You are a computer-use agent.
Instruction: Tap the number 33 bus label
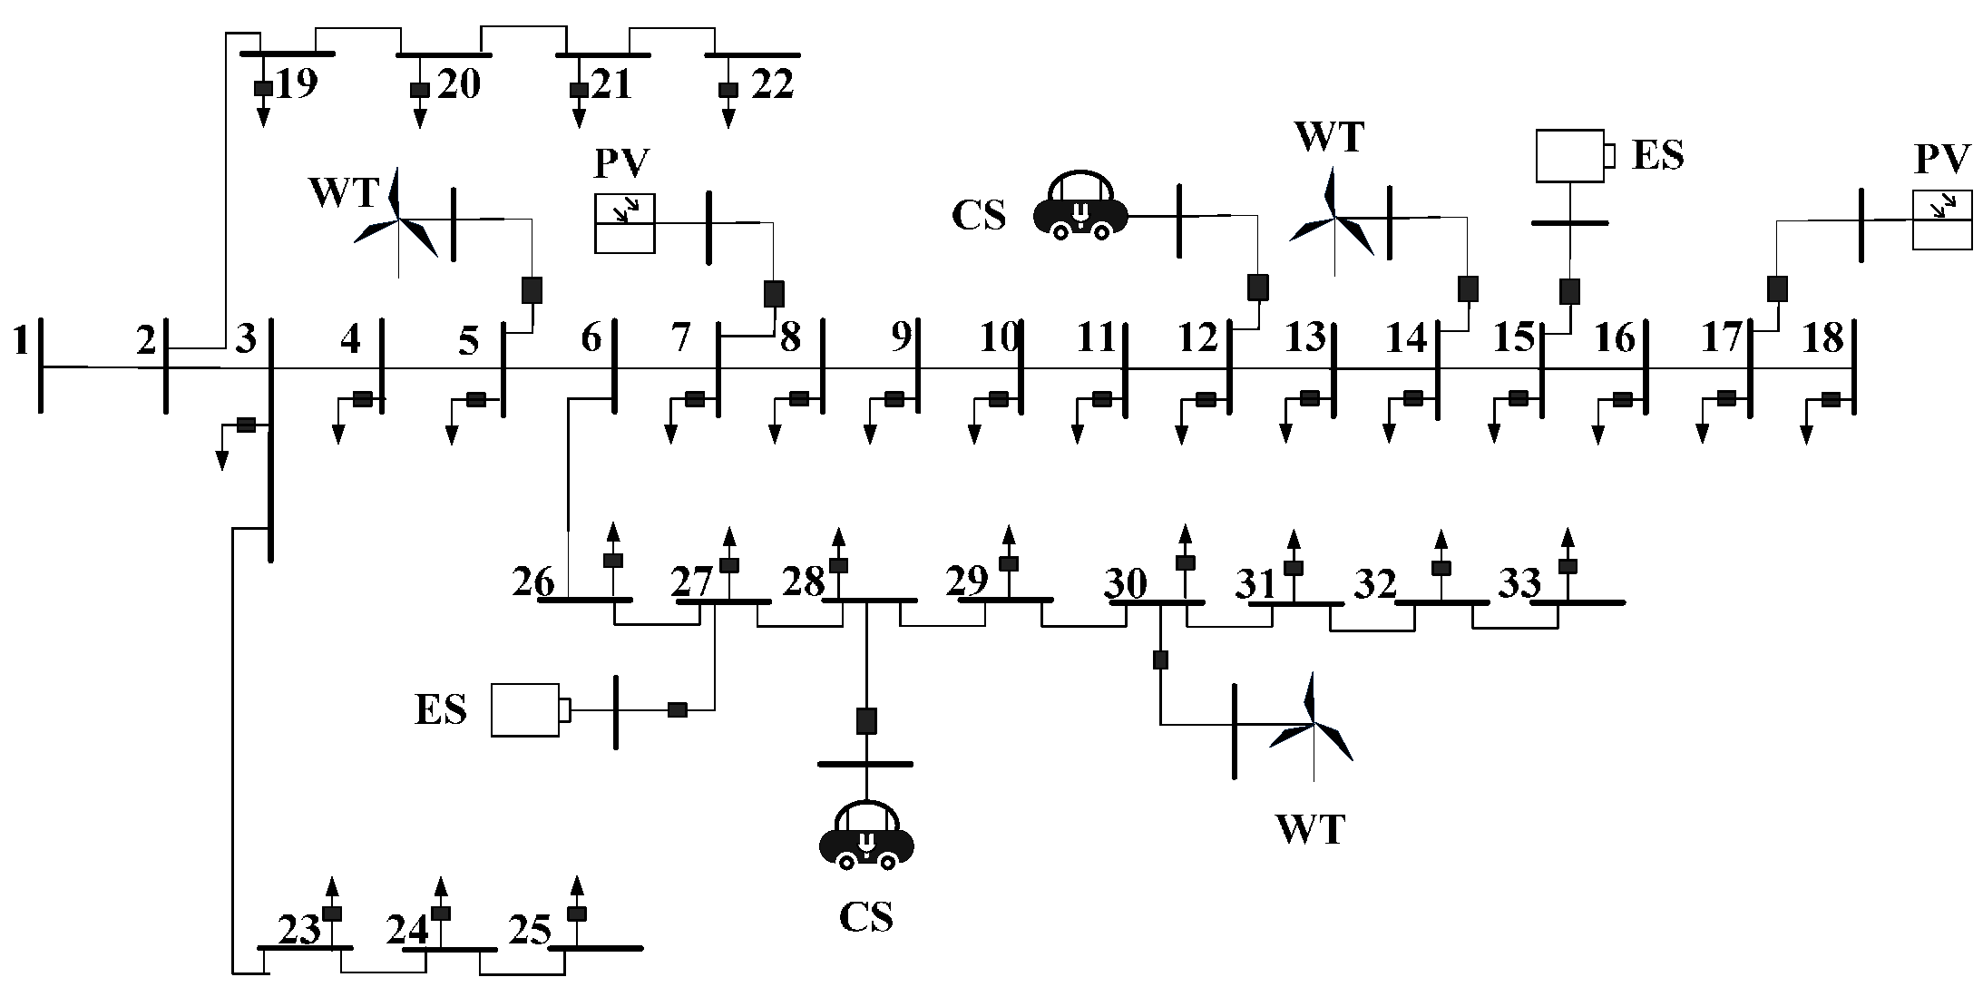[x=1519, y=584]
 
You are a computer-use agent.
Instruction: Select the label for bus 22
[x=772, y=84]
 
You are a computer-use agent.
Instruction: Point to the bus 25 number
[x=530, y=931]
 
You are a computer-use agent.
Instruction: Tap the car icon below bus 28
[x=866, y=836]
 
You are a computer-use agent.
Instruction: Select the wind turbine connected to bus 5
[x=397, y=221]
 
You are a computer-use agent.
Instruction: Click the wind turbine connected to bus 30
[x=1312, y=726]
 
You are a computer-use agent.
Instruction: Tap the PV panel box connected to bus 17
[x=1941, y=220]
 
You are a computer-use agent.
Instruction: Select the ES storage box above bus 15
[x=1570, y=156]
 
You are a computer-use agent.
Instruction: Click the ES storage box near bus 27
[x=526, y=709]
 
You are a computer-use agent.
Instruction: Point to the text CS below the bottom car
[x=865, y=916]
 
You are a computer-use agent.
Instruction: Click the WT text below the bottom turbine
[x=1310, y=829]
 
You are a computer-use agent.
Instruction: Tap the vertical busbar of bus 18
[x=1852, y=367]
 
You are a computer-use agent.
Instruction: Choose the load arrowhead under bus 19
[x=263, y=119]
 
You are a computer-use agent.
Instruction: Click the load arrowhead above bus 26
[x=613, y=531]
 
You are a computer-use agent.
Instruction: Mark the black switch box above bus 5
[x=532, y=289]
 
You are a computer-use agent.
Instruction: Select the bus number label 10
[x=1000, y=338]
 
